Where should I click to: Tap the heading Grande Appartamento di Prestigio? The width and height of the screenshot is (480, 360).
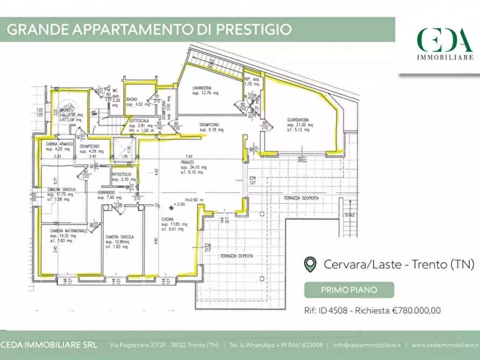[x=149, y=29]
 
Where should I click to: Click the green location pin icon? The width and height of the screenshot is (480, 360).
[x=310, y=264]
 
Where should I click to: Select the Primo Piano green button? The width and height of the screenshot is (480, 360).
[x=349, y=290]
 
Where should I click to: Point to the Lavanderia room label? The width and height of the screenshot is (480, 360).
[x=202, y=88]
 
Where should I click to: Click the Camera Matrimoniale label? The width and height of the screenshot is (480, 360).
[x=69, y=231]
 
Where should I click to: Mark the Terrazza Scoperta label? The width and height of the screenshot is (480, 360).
[x=302, y=198]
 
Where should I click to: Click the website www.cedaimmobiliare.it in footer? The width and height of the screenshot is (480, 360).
[x=446, y=345]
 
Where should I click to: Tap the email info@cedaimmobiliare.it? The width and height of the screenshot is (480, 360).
[x=367, y=345]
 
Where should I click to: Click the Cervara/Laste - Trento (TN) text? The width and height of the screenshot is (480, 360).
[x=399, y=264]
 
